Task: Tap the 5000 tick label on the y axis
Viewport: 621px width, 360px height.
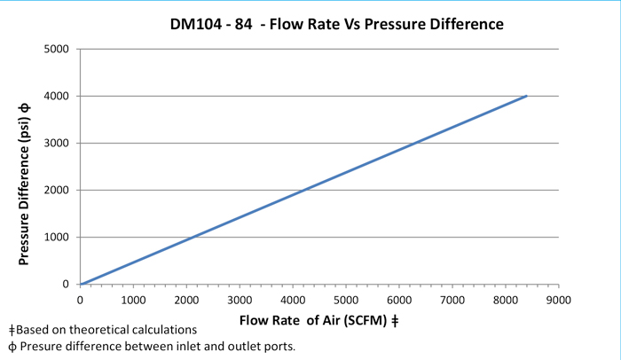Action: pos(58,49)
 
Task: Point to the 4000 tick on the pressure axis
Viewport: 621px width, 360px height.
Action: pos(58,96)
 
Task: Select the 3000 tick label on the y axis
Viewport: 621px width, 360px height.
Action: pos(58,143)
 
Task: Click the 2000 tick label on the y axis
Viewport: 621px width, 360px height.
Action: pos(58,190)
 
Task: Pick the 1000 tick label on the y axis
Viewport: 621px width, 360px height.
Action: pos(58,237)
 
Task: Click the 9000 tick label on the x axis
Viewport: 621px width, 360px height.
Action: pos(558,300)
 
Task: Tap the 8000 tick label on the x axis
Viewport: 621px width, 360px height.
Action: pos(505,300)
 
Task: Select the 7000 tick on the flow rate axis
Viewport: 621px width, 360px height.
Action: pos(452,300)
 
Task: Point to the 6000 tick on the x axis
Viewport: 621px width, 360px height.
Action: pos(398,300)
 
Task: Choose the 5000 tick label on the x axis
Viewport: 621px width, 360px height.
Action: pos(345,300)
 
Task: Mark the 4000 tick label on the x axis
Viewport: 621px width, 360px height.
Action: pos(293,300)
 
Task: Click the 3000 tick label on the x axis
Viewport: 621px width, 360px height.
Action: pos(240,300)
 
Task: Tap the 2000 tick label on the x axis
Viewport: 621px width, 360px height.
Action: pos(186,300)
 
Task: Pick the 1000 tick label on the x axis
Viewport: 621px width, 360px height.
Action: pos(133,300)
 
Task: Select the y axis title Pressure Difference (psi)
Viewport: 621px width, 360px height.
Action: pos(26,166)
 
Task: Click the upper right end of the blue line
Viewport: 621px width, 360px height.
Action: pos(527,96)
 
